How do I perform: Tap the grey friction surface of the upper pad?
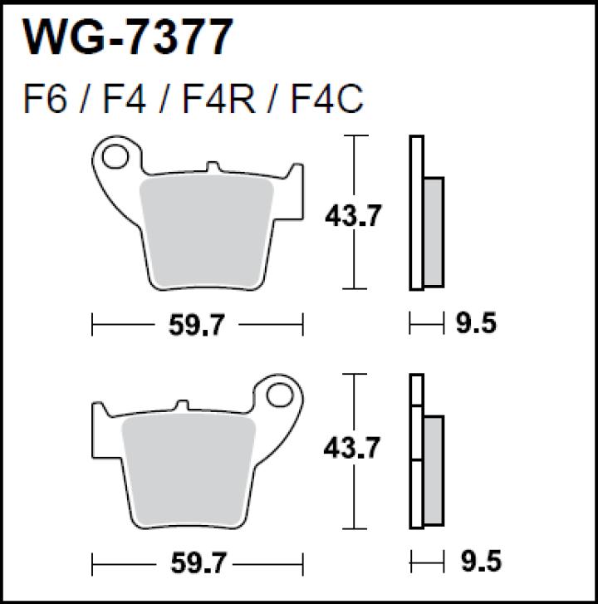(208, 233)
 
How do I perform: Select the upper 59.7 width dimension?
(197, 325)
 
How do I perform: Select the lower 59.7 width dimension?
(197, 564)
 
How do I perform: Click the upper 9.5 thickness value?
(477, 323)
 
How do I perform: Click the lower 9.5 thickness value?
(477, 562)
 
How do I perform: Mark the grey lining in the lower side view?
(433, 469)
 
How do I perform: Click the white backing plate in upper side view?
(416, 213)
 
